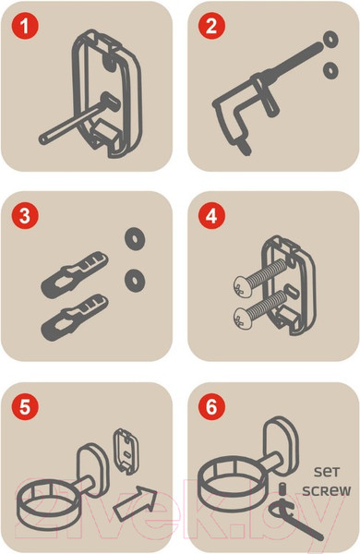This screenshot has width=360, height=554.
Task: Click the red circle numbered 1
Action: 25,26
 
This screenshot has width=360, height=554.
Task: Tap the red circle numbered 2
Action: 211,26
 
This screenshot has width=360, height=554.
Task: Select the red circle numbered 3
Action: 25,215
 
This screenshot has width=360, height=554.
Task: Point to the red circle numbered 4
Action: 211,215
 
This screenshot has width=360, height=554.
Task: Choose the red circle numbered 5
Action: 25,406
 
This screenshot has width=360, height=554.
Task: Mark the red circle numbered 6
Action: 211,406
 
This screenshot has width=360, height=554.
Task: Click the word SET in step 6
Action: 327,471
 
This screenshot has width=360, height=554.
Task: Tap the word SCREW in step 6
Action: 327,491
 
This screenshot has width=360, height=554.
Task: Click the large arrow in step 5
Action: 135,503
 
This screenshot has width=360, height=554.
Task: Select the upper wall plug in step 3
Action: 75,274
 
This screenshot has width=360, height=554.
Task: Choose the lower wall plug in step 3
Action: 75,317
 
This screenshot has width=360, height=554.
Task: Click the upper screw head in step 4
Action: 242,285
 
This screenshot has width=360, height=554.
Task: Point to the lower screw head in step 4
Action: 242,318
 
